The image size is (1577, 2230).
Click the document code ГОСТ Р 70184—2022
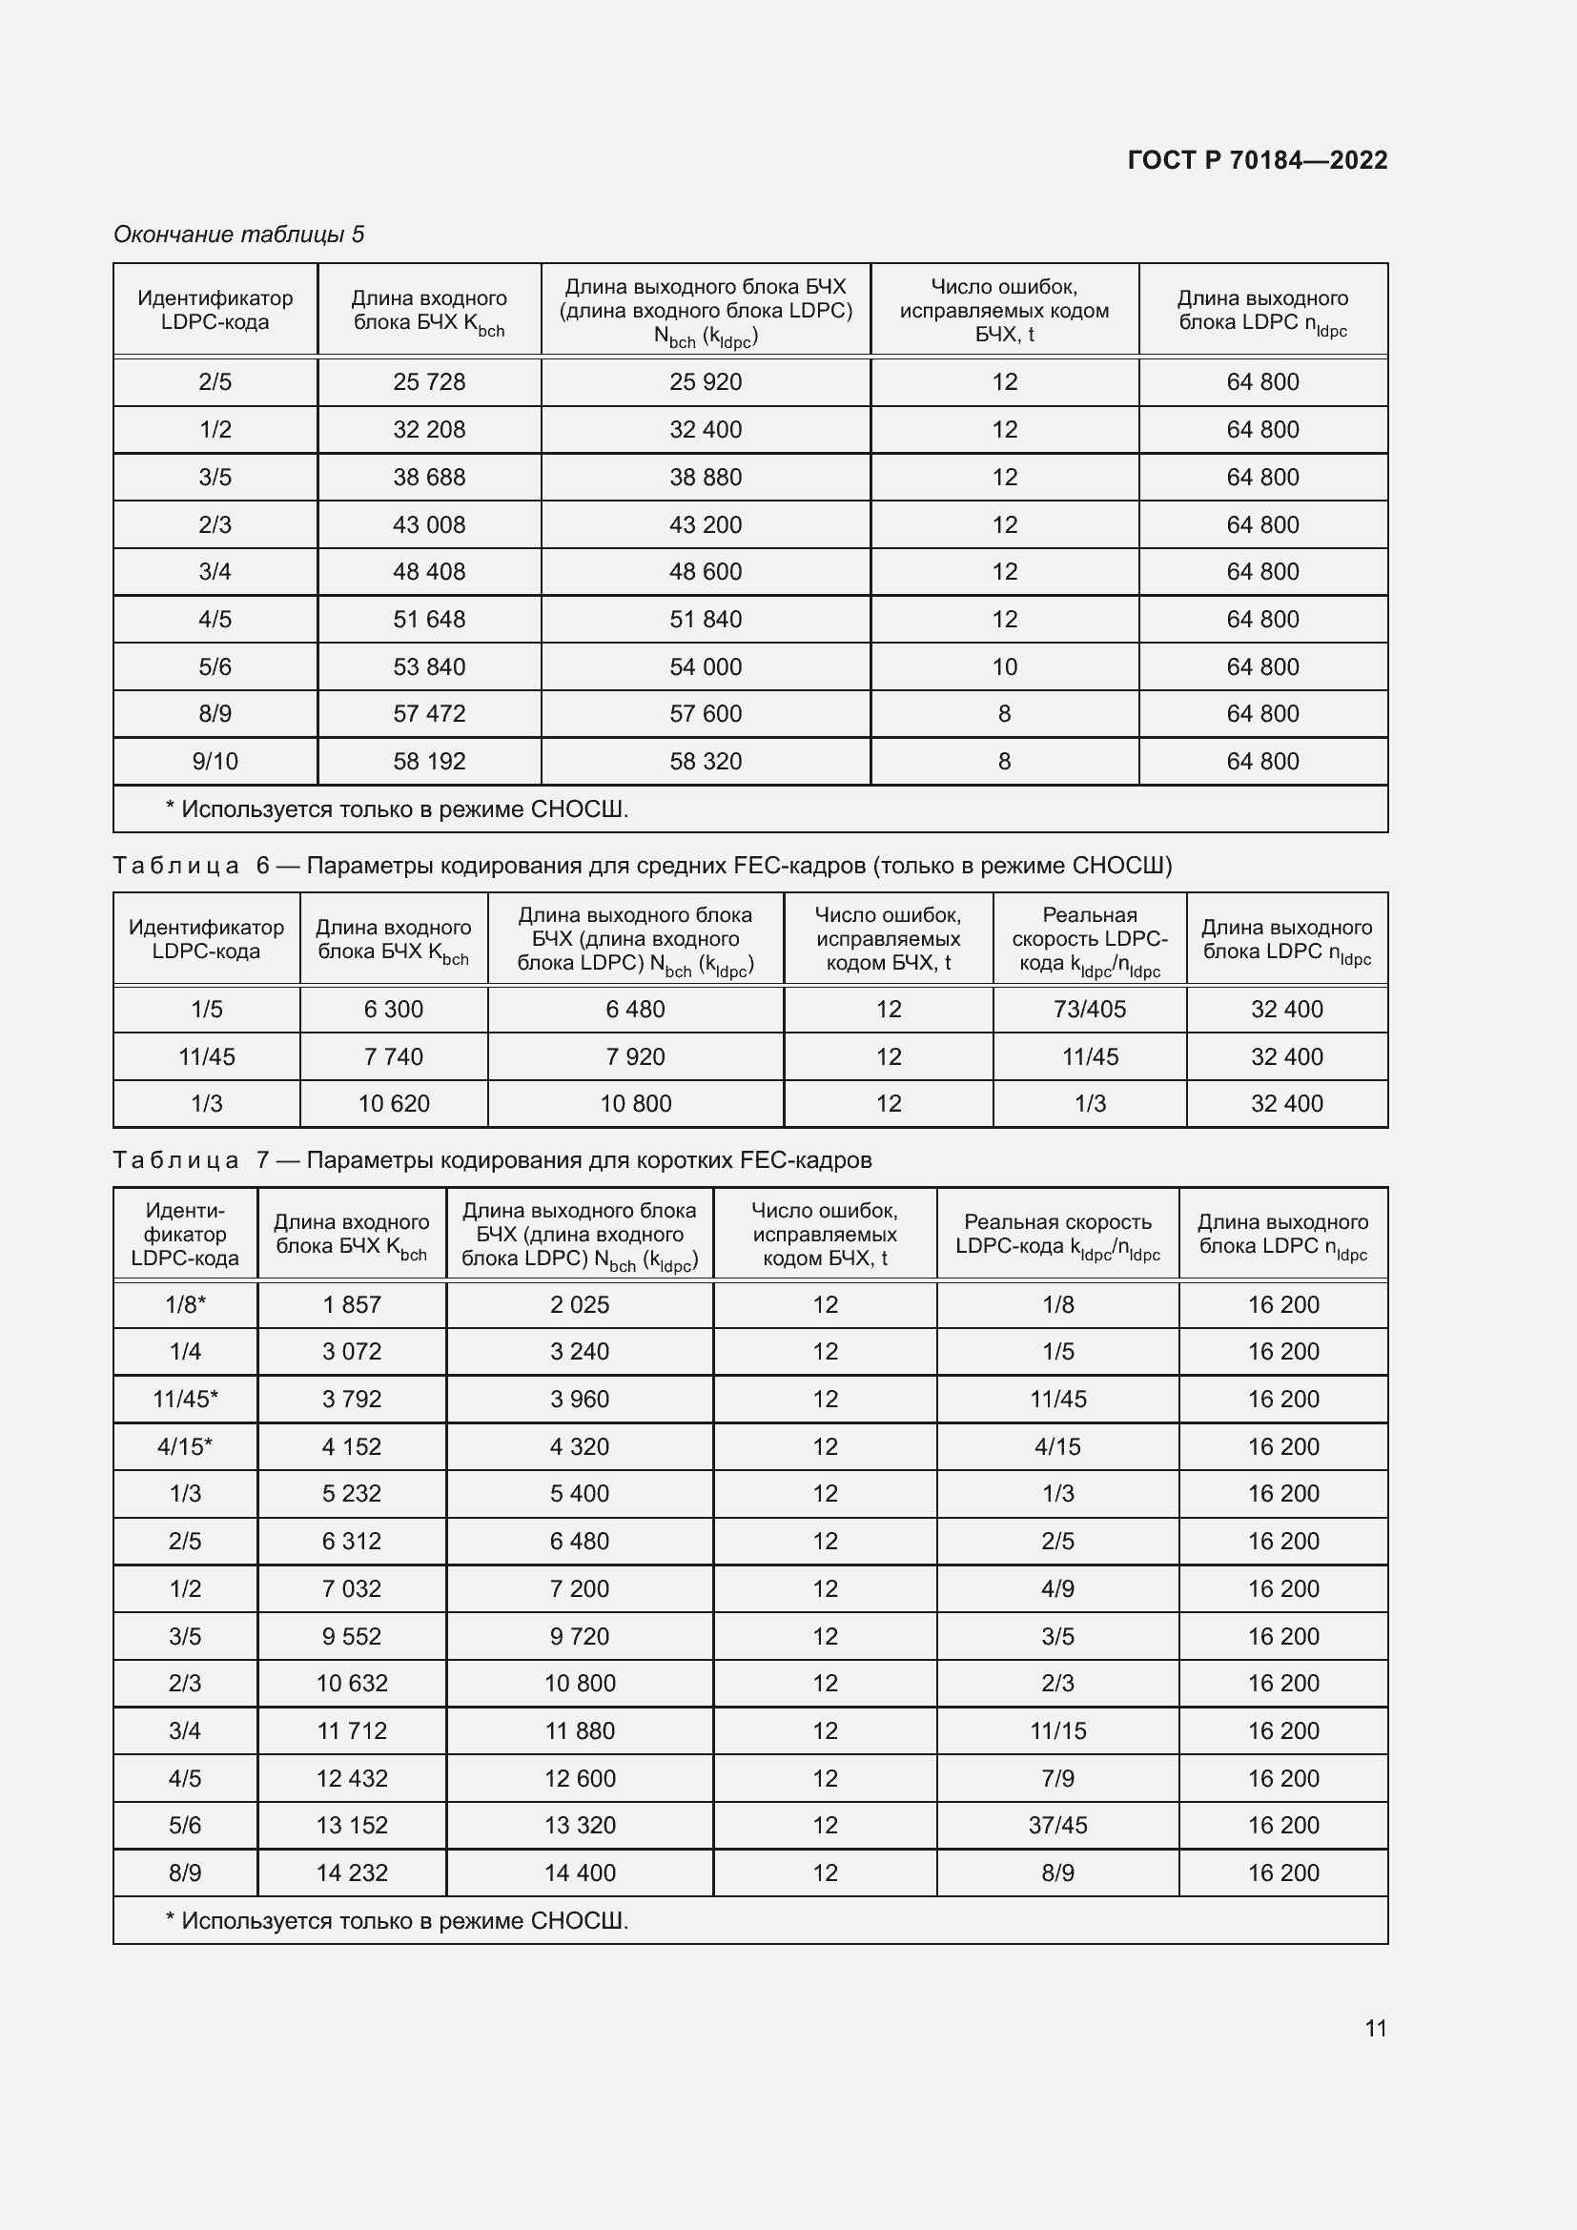point(1257,160)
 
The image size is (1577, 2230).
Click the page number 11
point(1375,2028)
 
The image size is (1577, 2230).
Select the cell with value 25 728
point(428,381)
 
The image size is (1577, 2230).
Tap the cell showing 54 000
point(705,667)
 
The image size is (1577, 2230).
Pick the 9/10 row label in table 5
point(215,762)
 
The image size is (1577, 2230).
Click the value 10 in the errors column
point(1004,667)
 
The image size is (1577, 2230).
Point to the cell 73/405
point(1090,1009)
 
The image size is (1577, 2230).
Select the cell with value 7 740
point(393,1056)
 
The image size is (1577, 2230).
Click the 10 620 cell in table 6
point(393,1103)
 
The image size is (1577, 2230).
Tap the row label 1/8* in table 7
point(185,1304)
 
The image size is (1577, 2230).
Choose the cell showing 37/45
point(1057,1825)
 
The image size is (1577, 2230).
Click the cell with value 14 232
point(352,1872)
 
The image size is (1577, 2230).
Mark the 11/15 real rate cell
point(1057,1730)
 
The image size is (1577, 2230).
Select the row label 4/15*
point(185,1446)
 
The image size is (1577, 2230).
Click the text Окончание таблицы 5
point(239,235)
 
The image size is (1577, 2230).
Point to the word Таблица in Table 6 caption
point(175,866)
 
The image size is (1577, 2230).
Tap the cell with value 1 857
point(352,1304)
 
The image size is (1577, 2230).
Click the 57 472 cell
point(428,714)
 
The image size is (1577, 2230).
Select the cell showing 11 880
point(580,1730)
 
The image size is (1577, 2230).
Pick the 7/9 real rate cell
point(1057,1778)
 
